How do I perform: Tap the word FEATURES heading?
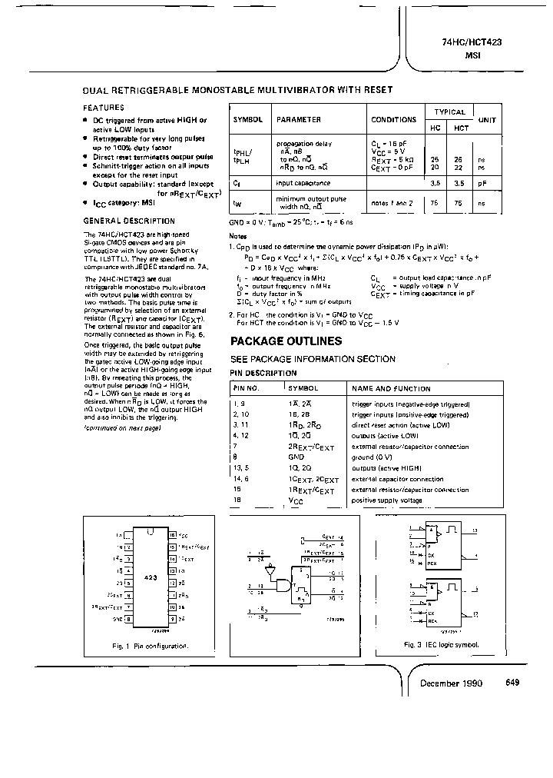104,108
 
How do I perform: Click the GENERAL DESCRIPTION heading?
119,221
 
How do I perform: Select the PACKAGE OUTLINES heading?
286,341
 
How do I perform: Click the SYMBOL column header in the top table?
247,121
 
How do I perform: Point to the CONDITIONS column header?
393,121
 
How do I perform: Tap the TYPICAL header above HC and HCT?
450,112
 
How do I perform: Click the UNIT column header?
487,121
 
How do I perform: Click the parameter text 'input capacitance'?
304,184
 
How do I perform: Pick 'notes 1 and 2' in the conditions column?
392,202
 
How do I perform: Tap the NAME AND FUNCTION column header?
391,389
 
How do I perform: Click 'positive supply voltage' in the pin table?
386,500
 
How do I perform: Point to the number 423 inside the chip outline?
150,577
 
